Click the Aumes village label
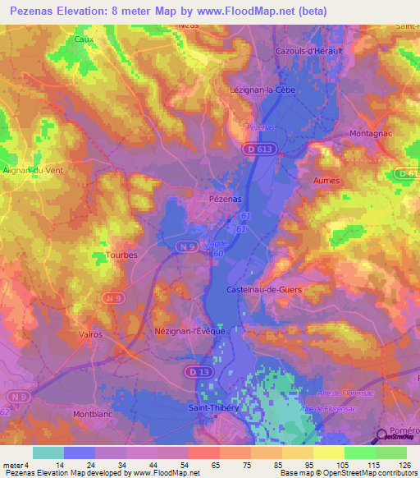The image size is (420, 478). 326,178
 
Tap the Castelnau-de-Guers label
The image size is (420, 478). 262,290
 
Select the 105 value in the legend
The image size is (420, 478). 330,465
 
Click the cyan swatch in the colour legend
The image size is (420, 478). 48,453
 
